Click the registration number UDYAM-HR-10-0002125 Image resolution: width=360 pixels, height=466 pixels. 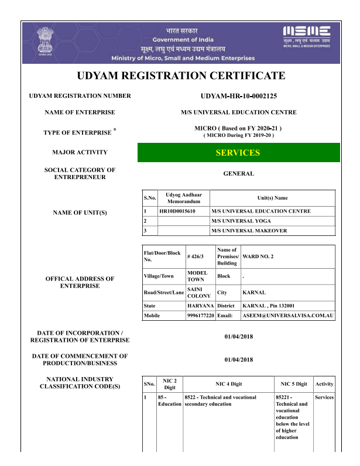(238, 96)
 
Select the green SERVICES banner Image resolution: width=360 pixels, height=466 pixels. (238, 153)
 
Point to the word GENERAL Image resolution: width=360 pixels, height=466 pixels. (238, 174)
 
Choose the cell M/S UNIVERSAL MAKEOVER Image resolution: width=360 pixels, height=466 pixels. (249, 231)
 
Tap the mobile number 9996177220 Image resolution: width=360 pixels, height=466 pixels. (200, 316)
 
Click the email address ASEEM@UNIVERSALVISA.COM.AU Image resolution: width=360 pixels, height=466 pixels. (288, 316)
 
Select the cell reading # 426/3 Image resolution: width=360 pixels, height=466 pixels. (195, 257)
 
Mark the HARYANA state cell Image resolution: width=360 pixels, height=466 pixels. (200, 306)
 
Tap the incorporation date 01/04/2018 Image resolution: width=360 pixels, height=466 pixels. (238, 337)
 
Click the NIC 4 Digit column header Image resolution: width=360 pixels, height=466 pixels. (228, 384)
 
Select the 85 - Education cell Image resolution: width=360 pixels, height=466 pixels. (169, 400)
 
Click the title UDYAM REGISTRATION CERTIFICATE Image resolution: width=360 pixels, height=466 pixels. (181, 76)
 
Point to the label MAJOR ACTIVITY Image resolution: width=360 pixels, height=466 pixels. (80, 152)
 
